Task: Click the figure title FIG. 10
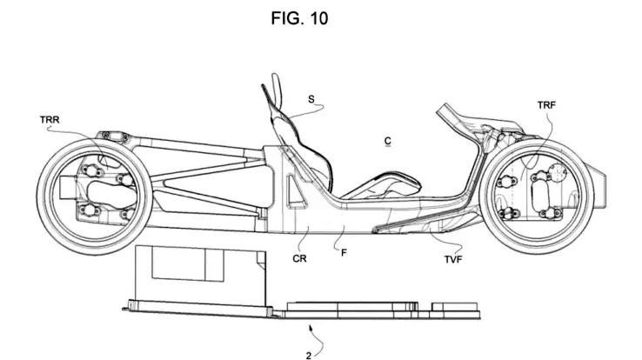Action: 299,18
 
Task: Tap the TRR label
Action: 50,120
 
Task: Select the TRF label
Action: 546,105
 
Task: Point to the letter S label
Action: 311,99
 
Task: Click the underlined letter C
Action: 388,141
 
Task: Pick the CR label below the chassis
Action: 299,258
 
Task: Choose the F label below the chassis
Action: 344,253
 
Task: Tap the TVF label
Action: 453,259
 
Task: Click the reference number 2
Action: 308,356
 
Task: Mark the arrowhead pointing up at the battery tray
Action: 311,327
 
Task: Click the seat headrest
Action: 278,86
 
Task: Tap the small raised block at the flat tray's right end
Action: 455,306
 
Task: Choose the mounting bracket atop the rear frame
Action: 111,136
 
